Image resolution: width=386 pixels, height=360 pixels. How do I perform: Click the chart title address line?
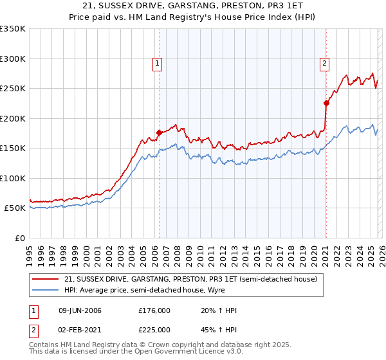193,6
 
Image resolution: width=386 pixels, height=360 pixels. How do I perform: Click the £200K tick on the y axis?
13,118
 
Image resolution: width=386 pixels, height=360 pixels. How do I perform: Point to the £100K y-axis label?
13,178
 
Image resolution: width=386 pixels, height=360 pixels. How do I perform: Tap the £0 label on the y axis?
19,238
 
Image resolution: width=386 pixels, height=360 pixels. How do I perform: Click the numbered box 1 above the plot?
158,63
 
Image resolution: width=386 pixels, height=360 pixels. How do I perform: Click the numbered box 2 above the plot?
325,63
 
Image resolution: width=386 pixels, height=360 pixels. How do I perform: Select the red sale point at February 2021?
326,103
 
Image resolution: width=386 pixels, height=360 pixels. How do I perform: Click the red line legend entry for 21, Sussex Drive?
190,280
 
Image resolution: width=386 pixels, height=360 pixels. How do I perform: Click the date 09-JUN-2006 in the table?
80,310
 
